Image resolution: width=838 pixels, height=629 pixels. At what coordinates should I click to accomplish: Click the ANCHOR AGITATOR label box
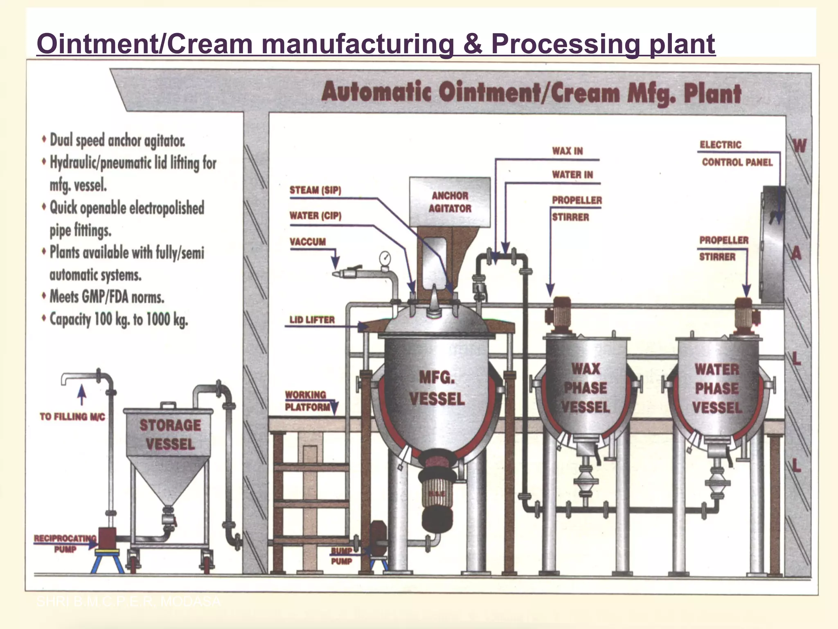(450, 202)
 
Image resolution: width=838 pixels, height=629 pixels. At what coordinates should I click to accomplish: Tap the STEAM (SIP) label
(315, 190)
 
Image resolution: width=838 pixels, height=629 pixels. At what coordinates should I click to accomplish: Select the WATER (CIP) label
(315, 216)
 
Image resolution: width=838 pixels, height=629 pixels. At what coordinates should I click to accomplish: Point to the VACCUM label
(308, 242)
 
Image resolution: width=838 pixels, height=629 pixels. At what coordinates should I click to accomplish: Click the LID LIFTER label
(312, 320)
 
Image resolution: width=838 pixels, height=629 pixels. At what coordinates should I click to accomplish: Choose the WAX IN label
(568, 151)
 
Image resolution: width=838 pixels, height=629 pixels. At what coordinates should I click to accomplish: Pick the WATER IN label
(572, 175)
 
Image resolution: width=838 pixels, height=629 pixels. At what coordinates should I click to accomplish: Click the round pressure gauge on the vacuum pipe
(385, 258)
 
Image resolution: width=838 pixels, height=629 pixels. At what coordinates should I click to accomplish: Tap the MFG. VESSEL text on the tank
(437, 388)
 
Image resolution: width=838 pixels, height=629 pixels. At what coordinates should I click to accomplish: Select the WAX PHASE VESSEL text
(586, 388)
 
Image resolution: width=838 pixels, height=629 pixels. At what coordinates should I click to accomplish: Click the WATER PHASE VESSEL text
(717, 388)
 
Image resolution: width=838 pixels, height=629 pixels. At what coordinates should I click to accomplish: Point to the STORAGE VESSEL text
(170, 434)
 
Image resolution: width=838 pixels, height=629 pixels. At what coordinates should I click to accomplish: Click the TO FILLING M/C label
(72, 417)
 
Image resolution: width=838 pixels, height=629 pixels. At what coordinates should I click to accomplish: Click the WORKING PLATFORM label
(308, 401)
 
